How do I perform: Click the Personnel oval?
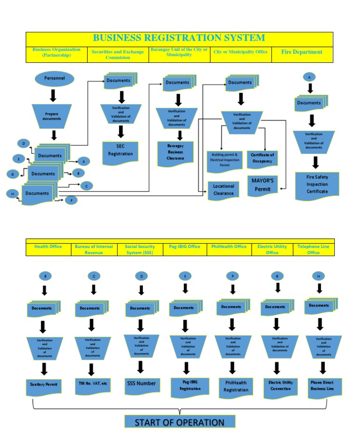pyautogui.click(x=54, y=78)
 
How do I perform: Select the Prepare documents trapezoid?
pyautogui.click(x=52, y=116)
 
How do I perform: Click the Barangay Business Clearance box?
pyautogui.click(x=176, y=152)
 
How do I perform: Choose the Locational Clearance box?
pyautogui.click(x=223, y=190)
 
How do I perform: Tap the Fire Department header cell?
pyautogui.click(x=301, y=52)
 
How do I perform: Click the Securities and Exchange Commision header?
pyautogui.click(x=118, y=55)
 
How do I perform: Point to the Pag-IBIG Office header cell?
pyautogui.click(x=185, y=247)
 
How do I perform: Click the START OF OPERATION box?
pyautogui.click(x=180, y=422)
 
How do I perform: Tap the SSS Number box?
pyautogui.click(x=141, y=384)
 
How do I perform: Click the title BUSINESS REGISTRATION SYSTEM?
pyautogui.click(x=179, y=38)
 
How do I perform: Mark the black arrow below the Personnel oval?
pyautogui.click(x=53, y=95)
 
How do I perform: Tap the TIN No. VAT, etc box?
pyautogui.click(x=93, y=384)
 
